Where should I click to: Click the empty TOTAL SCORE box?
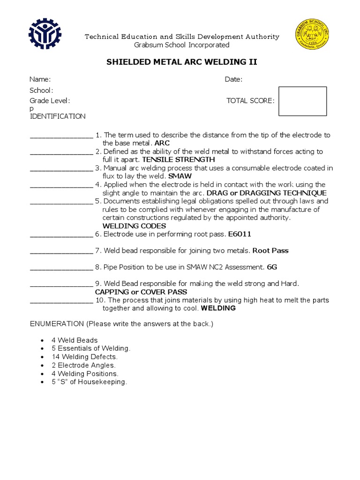(x=302, y=101)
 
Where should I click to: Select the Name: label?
(x=40, y=80)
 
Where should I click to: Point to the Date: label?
(x=233, y=80)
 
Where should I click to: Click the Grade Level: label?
(x=50, y=101)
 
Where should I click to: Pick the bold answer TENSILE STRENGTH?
(x=178, y=160)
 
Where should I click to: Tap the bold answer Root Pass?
(x=270, y=251)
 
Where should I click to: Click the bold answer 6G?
(x=272, y=268)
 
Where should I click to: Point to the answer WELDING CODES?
(x=134, y=226)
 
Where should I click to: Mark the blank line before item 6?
(x=61, y=234)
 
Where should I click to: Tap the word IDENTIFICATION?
(x=58, y=116)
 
